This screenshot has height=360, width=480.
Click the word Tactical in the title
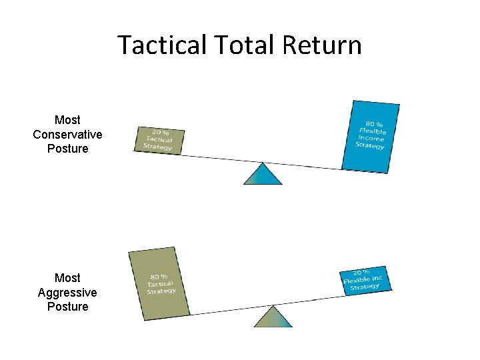163,45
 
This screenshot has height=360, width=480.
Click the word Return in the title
322,45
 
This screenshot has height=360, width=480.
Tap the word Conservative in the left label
67,135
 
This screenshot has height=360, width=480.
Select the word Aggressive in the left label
67,293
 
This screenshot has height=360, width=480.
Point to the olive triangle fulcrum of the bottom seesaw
273,317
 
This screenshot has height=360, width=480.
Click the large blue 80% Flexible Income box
371,136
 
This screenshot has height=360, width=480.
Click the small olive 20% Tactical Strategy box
159,139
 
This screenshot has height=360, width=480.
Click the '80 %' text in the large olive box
159,277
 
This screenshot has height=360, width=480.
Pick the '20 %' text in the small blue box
361,273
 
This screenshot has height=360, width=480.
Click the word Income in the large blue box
371,138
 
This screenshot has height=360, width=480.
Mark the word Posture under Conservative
67,149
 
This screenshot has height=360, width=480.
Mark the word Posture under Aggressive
67,307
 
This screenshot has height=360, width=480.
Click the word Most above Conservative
67,120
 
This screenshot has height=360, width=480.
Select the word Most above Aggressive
67,278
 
